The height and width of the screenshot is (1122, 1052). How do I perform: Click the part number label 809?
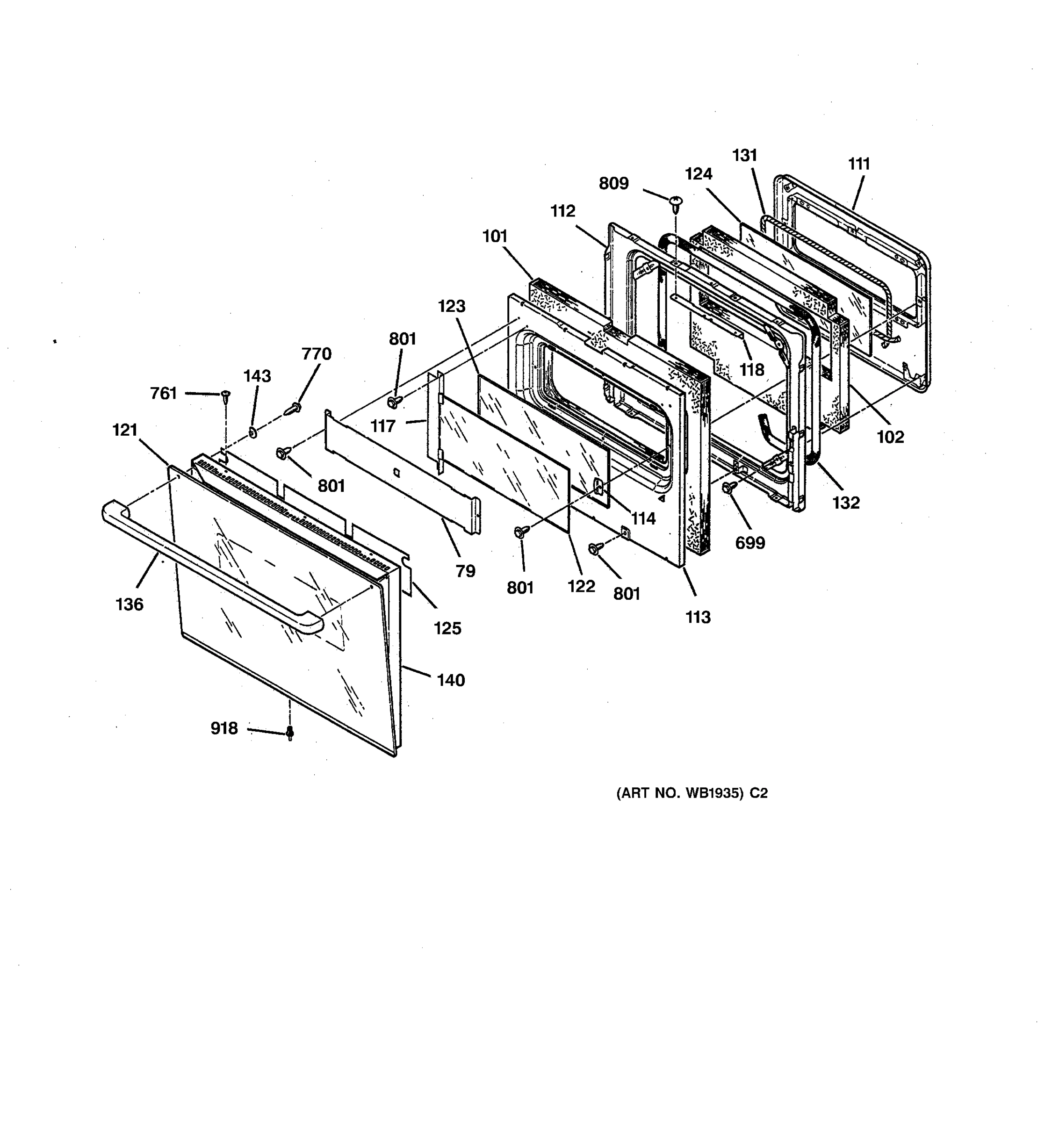pyautogui.click(x=613, y=184)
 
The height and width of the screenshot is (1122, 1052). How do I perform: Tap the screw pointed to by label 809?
pyautogui.click(x=676, y=201)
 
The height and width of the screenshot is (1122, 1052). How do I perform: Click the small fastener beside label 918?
pyautogui.click(x=290, y=733)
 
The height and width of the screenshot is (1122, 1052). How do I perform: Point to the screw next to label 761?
pyautogui.click(x=225, y=395)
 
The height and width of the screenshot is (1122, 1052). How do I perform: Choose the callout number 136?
pyautogui.click(x=129, y=604)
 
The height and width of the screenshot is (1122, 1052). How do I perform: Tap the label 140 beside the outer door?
pyautogui.click(x=450, y=680)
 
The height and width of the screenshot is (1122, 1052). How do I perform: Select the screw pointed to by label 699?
pyautogui.click(x=728, y=487)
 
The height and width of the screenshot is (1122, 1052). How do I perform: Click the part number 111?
pyautogui.click(x=859, y=164)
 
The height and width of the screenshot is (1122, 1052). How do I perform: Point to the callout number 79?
pyautogui.click(x=466, y=571)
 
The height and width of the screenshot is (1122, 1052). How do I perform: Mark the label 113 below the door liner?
pyautogui.click(x=698, y=618)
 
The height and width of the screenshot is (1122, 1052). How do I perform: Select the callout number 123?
pyautogui.click(x=452, y=307)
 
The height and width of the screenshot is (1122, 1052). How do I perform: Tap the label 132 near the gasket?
pyautogui.click(x=846, y=503)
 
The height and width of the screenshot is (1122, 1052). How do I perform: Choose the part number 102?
pyautogui.click(x=891, y=437)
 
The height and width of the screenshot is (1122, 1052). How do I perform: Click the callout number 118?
pyautogui.click(x=752, y=370)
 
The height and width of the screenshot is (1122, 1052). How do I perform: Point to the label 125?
pyautogui.click(x=447, y=628)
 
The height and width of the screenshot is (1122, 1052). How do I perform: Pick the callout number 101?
pyautogui.click(x=495, y=237)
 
